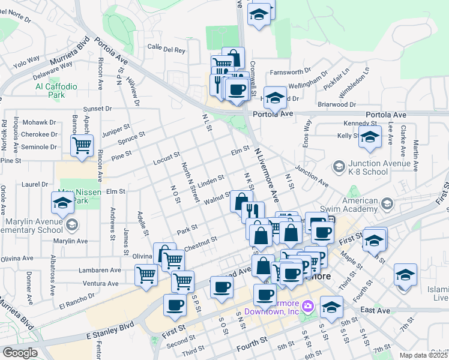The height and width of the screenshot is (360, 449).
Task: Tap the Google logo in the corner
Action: [20, 353]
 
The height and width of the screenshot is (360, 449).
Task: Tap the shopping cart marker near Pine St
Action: [82, 145]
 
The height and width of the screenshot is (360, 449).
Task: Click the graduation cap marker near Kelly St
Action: [370, 136]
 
